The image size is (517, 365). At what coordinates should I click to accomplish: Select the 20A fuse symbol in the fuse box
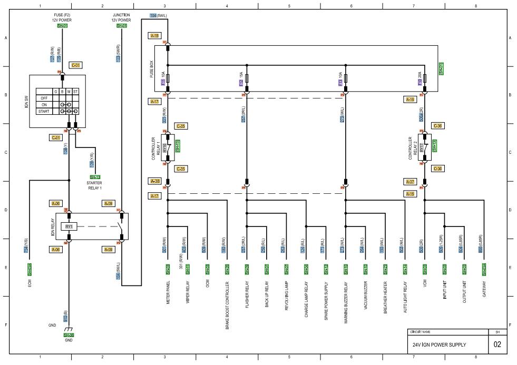(x=424, y=83)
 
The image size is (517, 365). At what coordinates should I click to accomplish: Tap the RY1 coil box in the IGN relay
(x=69, y=226)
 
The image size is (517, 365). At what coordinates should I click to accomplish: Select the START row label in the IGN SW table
(x=45, y=111)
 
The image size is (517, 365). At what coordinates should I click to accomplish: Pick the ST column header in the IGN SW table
(x=76, y=92)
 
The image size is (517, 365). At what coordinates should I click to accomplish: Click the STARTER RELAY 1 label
(x=95, y=185)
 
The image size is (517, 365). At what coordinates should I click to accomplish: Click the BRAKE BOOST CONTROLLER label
(x=227, y=305)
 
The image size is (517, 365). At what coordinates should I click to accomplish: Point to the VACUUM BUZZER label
(x=365, y=299)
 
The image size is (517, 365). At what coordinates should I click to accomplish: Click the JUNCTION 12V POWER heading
(x=122, y=17)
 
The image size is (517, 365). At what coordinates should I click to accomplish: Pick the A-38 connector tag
(x=155, y=181)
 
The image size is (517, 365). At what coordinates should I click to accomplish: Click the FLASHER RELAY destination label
(x=247, y=299)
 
